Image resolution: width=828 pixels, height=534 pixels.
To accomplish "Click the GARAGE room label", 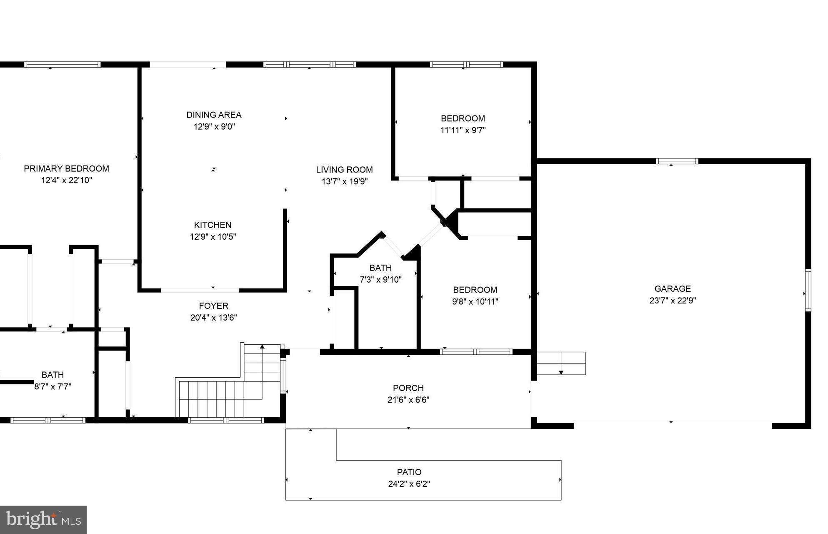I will point(672,288).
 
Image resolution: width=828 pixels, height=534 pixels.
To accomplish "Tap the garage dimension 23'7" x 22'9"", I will point(672,301).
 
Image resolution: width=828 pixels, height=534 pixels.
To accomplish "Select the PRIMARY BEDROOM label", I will point(66,168).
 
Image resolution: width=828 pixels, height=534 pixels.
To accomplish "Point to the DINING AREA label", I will point(213,115).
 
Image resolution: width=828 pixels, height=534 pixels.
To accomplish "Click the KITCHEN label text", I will point(213,225).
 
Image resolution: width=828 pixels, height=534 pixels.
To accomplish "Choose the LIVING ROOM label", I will point(344,170).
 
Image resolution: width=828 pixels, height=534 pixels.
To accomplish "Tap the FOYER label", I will point(213,306).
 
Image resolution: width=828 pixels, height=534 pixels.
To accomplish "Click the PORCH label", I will point(408,388).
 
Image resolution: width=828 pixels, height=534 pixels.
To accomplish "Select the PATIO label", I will point(409,472).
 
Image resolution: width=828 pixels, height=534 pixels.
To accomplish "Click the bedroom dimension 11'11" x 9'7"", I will point(463,130).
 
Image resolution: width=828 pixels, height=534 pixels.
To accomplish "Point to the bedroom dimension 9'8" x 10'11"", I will point(475,301).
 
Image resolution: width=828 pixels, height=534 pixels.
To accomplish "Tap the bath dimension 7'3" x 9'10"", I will point(380,280).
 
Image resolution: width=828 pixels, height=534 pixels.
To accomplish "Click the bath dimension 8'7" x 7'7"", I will point(53,386).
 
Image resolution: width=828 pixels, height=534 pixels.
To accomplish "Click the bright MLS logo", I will point(43,519).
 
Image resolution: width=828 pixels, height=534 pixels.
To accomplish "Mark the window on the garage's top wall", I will point(677,161).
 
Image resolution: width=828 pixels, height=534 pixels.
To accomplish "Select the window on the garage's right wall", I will point(808,290).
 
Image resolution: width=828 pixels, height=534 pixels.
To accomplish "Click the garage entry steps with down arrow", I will point(561,363).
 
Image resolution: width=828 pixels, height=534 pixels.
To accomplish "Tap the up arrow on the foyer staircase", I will point(262,346).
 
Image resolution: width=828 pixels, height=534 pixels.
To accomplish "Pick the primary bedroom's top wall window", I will point(62,64).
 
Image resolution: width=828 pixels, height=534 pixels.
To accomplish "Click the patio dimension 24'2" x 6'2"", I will point(409,484).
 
